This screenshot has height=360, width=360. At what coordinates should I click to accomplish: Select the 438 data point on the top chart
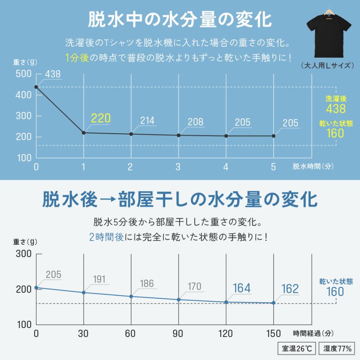pos(36,87)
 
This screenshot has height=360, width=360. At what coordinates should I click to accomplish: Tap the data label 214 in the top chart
pos(148,121)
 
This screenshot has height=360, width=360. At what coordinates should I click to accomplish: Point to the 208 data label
pos(195,122)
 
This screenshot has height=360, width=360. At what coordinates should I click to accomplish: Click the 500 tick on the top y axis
pos(23,74)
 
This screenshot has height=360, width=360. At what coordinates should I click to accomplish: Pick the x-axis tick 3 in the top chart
pos(178,167)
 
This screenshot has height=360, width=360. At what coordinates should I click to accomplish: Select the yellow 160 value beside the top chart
pos(335,133)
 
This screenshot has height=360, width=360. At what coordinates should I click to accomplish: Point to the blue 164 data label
pos(242,288)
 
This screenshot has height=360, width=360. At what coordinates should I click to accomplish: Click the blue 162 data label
pos(290,289)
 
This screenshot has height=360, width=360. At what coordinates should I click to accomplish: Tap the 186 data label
pos(147,284)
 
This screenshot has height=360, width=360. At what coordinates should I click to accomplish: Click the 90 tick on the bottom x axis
pos(178,333)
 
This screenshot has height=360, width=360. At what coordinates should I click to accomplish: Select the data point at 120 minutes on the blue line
pos(226,302)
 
